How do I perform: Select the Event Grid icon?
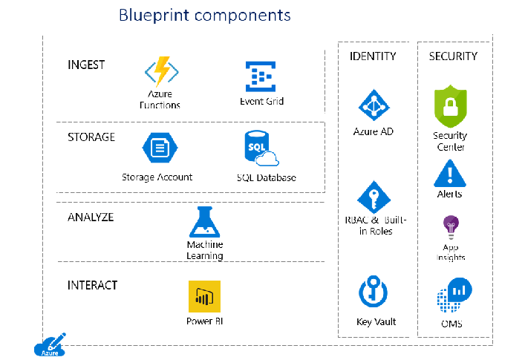pyautogui.click(x=261, y=76)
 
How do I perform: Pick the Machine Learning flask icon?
pyautogui.click(x=204, y=222)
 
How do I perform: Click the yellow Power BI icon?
pyautogui.click(x=204, y=297)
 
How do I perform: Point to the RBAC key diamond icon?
pyautogui.click(x=374, y=197)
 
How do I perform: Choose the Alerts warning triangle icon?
pyautogui.click(x=449, y=173)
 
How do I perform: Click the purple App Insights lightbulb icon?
pyautogui.click(x=450, y=226)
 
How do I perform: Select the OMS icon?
pyautogui.click(x=453, y=296)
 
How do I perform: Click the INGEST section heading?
pyautogui.click(x=86, y=65)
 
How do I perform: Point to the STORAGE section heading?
pyautogui.click(x=91, y=137)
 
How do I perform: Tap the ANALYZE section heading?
pyautogui.click(x=91, y=217)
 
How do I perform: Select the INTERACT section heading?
pyautogui.click(x=92, y=285)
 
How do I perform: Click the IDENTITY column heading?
pyautogui.click(x=373, y=56)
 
